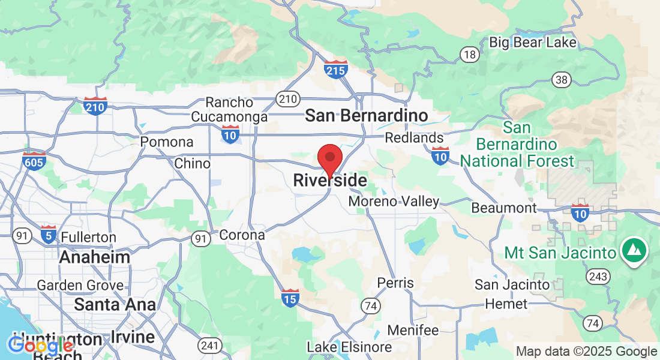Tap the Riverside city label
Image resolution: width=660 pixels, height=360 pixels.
pos(329,180)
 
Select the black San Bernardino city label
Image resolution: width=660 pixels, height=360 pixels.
pos(367,115)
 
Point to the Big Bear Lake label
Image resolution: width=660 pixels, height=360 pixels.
pos(533,42)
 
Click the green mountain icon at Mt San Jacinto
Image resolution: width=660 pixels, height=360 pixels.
pos(634,249)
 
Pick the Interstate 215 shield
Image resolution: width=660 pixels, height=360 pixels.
pos(336,70)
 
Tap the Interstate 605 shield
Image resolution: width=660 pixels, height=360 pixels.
pos(34,161)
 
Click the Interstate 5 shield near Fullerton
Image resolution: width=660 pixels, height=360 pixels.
pos(49,234)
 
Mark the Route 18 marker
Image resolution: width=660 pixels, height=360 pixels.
pos(470,55)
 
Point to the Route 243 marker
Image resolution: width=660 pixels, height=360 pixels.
pos(599,277)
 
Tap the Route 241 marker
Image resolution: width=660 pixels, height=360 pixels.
pos(210,346)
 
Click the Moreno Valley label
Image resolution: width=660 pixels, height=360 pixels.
pos(394,202)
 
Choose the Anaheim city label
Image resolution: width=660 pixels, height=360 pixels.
pos(94,257)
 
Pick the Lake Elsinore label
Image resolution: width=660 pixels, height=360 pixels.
pos(349,347)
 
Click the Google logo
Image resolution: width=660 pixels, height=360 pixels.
pos(40,345)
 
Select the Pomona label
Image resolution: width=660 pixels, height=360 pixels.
pos(167,142)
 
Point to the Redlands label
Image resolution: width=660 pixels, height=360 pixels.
pos(414,138)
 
